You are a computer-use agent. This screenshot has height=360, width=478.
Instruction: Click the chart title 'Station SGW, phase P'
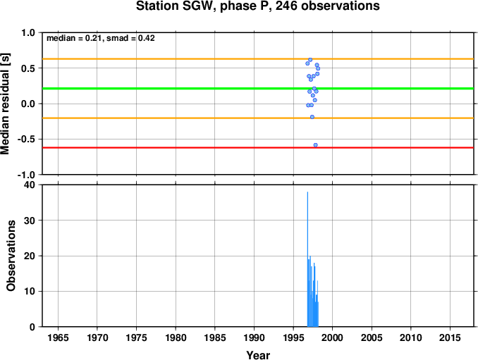pyautogui.click(x=204, y=6)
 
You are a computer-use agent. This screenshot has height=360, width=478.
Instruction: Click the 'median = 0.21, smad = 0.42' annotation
pyautogui.click(x=101, y=38)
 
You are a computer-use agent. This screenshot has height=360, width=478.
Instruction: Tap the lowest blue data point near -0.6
pyautogui.click(x=316, y=145)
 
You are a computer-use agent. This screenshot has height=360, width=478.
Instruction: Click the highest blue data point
pyautogui.click(x=310, y=60)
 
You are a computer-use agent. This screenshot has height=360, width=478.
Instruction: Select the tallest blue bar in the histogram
pyautogui.click(x=307, y=259)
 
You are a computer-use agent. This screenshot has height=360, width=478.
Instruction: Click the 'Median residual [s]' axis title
pyautogui.click(x=5, y=104)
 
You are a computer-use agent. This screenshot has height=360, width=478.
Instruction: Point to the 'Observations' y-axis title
pyautogui.click(x=11, y=256)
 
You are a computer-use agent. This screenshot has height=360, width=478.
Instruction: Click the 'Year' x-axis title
pyautogui.click(x=258, y=355)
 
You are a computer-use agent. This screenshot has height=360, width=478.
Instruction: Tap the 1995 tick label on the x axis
pyautogui.click(x=293, y=337)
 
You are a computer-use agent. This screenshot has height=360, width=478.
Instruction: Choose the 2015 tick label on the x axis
pyautogui.click(x=450, y=337)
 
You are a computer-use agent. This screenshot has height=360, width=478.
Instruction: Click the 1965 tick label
pyautogui.click(x=58, y=337)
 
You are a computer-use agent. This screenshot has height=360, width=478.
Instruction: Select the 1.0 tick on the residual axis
pyautogui.click(x=27, y=32)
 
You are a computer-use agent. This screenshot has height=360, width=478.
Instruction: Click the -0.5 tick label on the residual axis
pyautogui.click(x=26, y=139)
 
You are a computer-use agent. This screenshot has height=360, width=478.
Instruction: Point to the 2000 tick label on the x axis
pyautogui.click(x=332, y=337)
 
